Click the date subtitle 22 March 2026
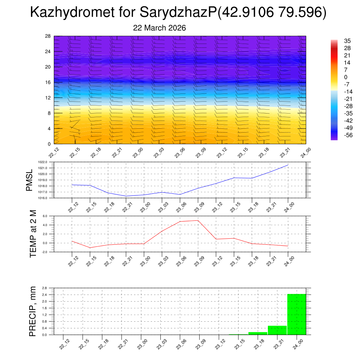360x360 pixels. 159,27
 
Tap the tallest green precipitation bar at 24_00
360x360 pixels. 297,314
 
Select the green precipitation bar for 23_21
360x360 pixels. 277,330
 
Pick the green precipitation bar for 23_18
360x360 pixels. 258,333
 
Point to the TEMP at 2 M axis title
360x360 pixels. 33,234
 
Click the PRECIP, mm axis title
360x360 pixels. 33,311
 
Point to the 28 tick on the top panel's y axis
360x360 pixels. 48,36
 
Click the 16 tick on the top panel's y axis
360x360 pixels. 48,82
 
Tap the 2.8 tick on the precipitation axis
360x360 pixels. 45,288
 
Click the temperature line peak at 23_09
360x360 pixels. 198,220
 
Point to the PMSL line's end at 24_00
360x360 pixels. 288,165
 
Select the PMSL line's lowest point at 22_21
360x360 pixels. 126,196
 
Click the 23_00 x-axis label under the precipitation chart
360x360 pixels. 142,344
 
